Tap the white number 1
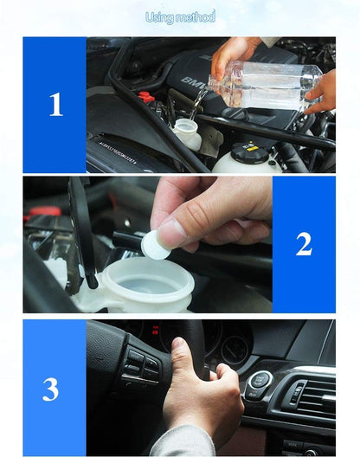55,105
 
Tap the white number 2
304,244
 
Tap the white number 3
51,389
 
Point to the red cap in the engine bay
147,97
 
